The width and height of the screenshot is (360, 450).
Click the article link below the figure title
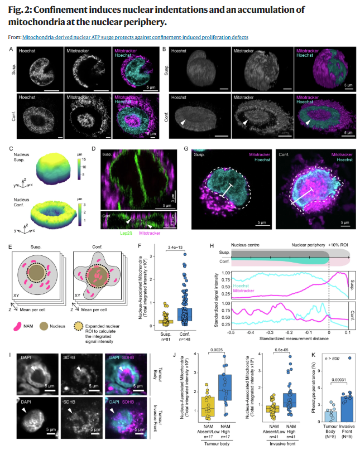[135, 37]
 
